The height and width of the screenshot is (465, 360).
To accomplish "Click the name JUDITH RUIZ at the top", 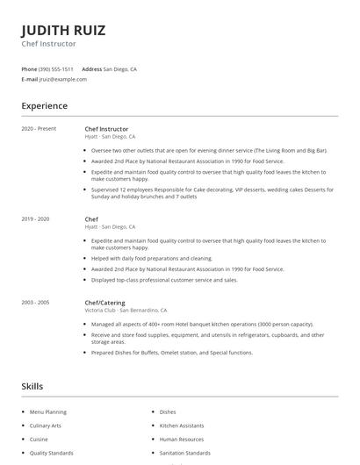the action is coord(63,30).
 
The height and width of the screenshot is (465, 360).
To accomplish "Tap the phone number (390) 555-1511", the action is coord(56,68).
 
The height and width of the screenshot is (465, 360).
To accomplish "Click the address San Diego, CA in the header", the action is coord(120,68).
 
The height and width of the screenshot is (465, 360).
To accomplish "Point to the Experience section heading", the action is coord(44,106).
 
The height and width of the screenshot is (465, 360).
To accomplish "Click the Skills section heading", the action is coord(32,386).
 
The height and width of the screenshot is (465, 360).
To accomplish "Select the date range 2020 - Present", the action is coord(39,129).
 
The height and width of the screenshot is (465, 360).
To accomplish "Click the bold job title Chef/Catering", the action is coord(104,303).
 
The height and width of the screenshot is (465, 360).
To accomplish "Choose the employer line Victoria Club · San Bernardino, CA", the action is coord(126,311).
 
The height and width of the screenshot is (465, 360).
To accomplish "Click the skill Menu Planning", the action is coord(48,411).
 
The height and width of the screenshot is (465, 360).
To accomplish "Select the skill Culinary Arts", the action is coord(46,426).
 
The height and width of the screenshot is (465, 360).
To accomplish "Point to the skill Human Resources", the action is coord(182,439).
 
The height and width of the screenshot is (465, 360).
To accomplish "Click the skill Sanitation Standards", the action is coord(185,453).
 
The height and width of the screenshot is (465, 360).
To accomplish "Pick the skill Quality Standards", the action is coord(52,453).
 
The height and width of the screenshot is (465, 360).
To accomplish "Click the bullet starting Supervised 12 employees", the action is coord(202,195).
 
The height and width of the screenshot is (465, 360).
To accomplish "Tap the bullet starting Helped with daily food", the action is coord(152,258).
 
